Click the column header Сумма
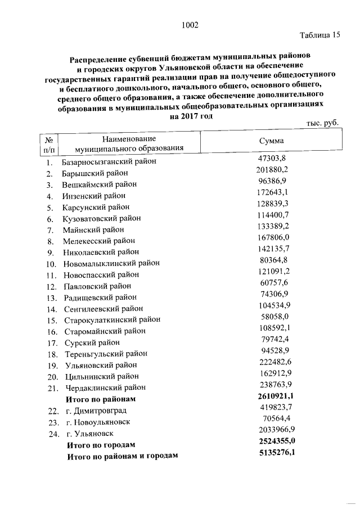pyautogui.click(x=271, y=141)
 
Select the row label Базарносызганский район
pyautogui.click(x=109, y=162)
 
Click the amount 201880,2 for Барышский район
pyautogui.click(x=272, y=170)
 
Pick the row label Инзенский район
pyautogui.click(x=93, y=196)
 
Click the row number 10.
pyautogui.click(x=51, y=263)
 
